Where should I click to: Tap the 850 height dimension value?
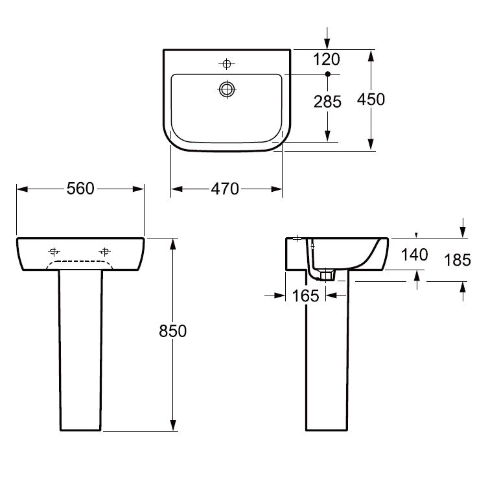point(172,331)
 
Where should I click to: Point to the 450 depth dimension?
point(371,99)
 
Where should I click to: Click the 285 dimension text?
point(328,101)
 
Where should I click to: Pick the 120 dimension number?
point(328,60)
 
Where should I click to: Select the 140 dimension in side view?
point(415,255)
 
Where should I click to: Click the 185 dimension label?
point(458,261)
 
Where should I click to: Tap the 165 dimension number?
point(305,296)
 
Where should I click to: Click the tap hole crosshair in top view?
point(226,64)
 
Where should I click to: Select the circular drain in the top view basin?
point(226,89)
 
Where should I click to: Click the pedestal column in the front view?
point(80,350)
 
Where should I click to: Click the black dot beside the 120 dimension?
point(328,75)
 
